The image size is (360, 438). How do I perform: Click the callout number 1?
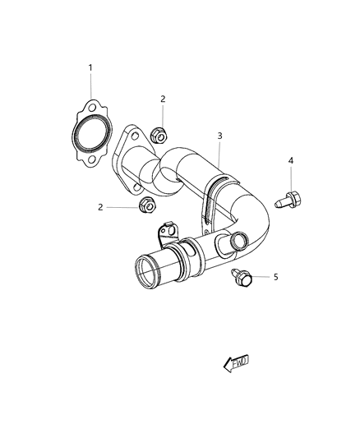[90, 67]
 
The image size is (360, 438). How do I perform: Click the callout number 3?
[219, 135]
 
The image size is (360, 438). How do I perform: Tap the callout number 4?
[291, 160]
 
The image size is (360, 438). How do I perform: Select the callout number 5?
[276, 277]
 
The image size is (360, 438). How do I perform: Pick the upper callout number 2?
[163, 99]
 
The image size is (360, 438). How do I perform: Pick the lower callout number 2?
[100, 207]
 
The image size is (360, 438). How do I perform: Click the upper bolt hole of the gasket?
[94, 108]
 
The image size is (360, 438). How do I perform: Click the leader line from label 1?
[90, 85]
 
